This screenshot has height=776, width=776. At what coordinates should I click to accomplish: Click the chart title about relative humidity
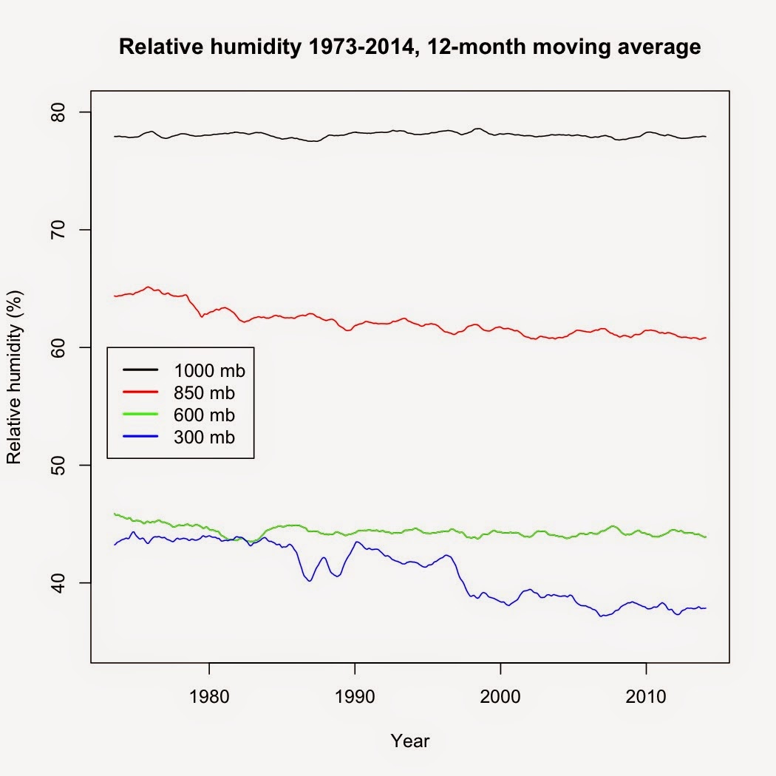pyautogui.click(x=409, y=49)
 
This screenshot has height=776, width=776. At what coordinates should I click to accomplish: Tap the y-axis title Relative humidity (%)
pyautogui.click(x=14, y=377)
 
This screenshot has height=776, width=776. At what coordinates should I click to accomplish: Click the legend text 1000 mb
pyautogui.click(x=209, y=370)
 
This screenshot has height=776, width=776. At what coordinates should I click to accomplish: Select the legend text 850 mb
pyautogui.click(x=205, y=392)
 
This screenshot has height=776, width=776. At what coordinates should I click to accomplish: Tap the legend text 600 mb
pyautogui.click(x=205, y=415)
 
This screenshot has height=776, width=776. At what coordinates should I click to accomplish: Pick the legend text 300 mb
pyautogui.click(x=205, y=438)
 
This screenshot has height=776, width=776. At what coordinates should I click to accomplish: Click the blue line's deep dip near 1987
pyautogui.click(x=310, y=581)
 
